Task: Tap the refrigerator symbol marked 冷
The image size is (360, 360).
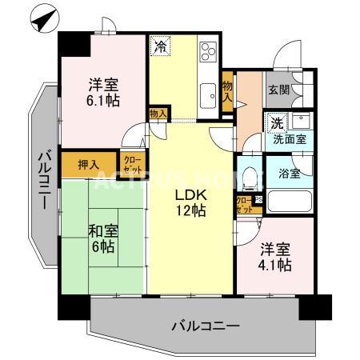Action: pyautogui.click(x=160, y=46)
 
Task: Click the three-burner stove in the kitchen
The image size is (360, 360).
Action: pyautogui.click(x=208, y=51)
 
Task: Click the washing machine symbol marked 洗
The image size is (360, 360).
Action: pyautogui.click(x=275, y=124)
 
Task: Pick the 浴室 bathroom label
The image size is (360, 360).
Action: pyautogui.click(x=289, y=173)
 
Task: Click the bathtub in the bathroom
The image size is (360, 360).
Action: pyautogui.click(x=289, y=199)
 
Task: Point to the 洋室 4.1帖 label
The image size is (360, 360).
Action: pyautogui.click(x=274, y=258)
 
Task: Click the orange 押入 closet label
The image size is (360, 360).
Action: pyautogui.click(x=89, y=165)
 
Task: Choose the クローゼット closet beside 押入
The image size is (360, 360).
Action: pyautogui.click(x=133, y=165)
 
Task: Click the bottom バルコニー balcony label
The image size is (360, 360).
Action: pyautogui.click(x=206, y=326)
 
